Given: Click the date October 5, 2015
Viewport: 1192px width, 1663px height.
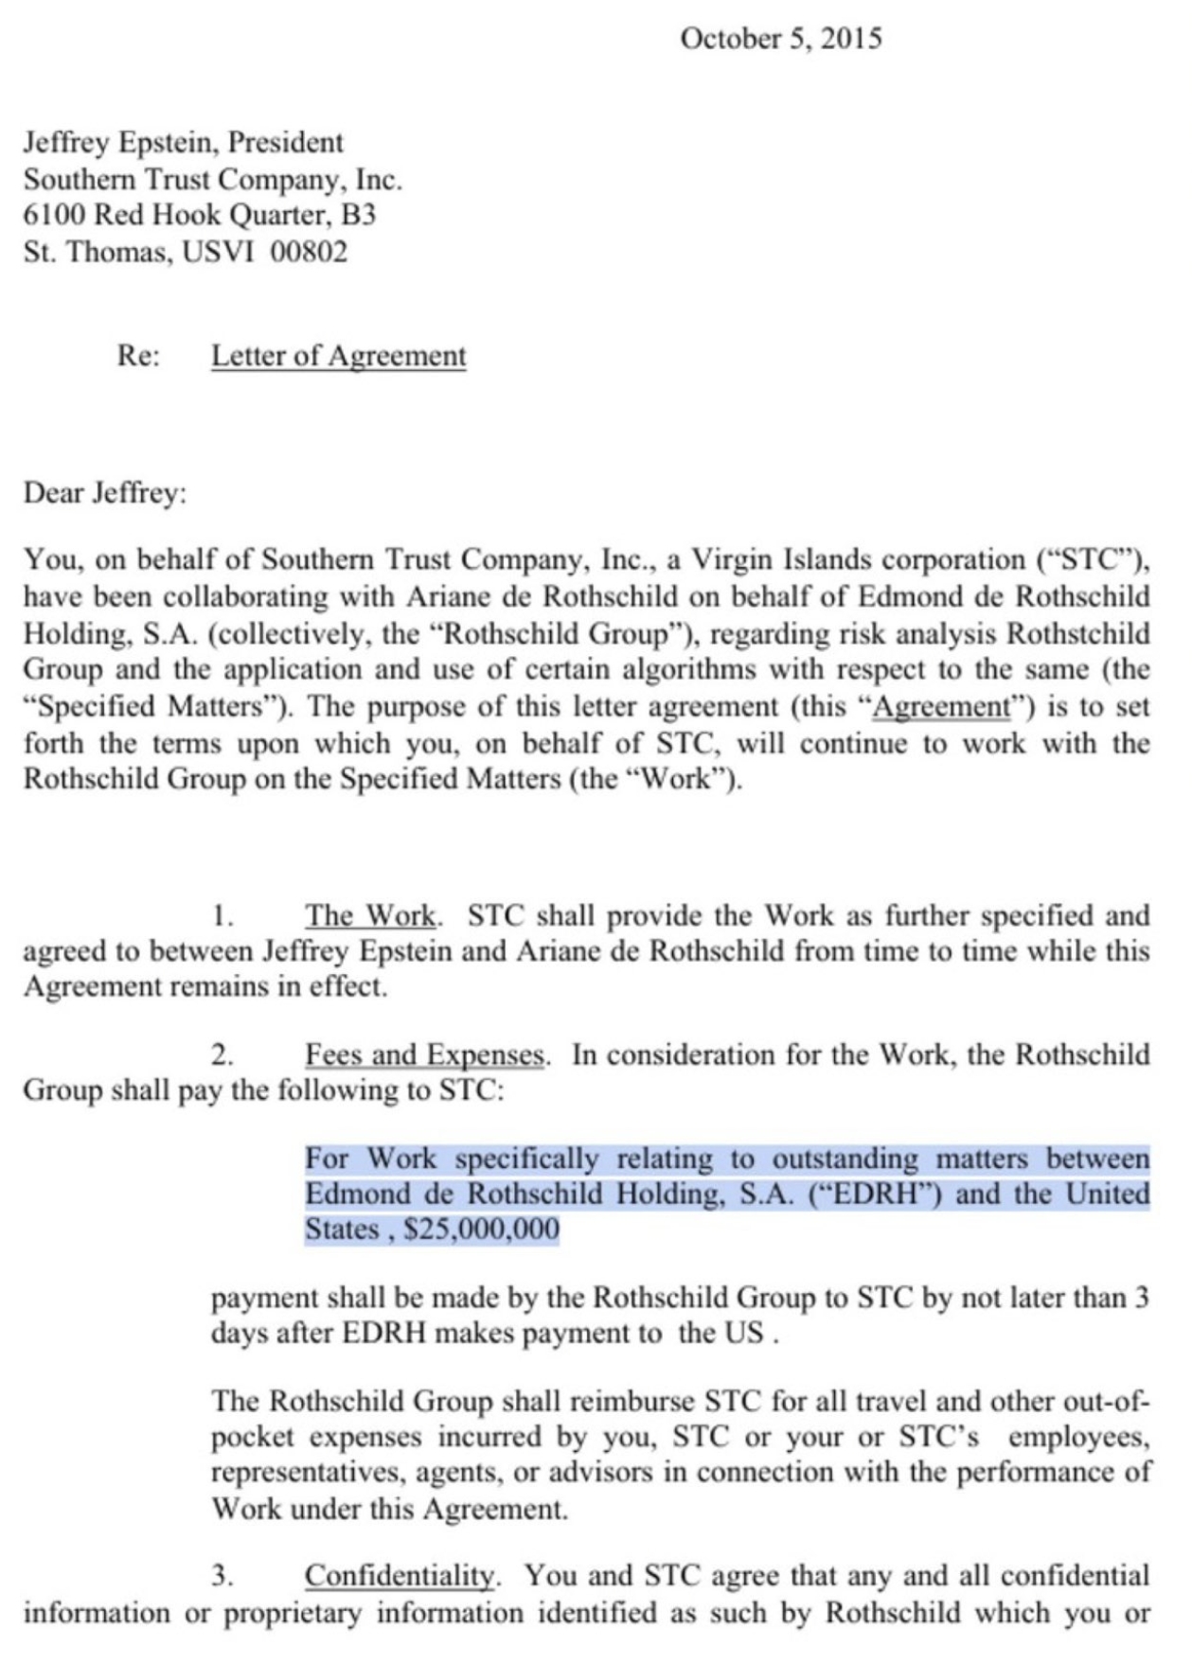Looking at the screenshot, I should point(780,39).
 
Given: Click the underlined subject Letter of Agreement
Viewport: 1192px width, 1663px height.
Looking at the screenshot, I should point(338,356).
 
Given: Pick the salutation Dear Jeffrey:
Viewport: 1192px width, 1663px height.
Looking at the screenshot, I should point(105,493).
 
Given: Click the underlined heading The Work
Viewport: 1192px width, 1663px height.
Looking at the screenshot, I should point(370,915).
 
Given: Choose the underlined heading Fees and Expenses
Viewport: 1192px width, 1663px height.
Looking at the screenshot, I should point(425,1054).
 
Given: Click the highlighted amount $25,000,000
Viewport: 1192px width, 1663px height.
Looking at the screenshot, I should point(481,1230).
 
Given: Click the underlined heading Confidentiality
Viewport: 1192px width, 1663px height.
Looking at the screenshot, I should point(399,1576).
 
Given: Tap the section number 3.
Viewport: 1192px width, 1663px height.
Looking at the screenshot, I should point(222,1577).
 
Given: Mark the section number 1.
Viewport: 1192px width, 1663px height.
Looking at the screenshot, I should point(222,916).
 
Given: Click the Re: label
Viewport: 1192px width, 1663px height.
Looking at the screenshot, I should point(138,356).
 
